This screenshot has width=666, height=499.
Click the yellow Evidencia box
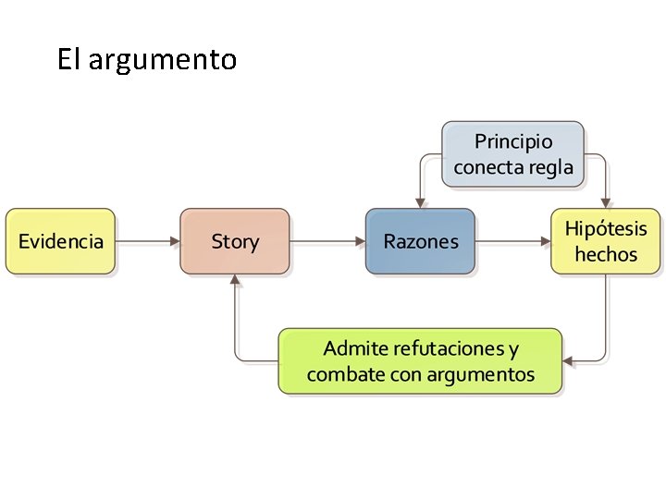(x=61, y=242)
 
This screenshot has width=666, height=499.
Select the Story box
(x=235, y=242)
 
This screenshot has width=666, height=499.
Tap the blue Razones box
(x=421, y=242)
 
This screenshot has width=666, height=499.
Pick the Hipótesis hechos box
(x=606, y=242)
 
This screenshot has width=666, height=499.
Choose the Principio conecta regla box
(x=513, y=154)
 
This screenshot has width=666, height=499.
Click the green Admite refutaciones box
(x=421, y=361)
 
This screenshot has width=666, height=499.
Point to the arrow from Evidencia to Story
(x=148, y=242)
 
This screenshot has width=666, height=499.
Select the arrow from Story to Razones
(x=328, y=242)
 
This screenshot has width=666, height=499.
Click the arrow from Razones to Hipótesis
(x=513, y=242)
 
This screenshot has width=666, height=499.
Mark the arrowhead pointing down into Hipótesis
(x=606, y=202)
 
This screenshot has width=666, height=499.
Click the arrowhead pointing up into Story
(x=236, y=281)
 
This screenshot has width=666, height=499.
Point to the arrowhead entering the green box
(x=569, y=360)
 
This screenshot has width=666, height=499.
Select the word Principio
(x=513, y=141)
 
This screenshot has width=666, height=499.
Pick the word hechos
(x=606, y=254)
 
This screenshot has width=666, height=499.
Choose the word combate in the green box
(x=339, y=374)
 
